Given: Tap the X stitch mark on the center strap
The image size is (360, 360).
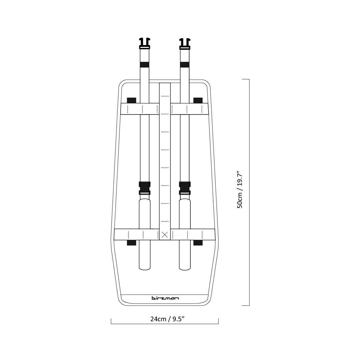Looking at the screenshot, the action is (165, 235).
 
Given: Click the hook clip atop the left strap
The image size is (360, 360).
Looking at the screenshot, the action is (145, 43).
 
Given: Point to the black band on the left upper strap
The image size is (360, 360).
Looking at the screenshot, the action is (145, 64).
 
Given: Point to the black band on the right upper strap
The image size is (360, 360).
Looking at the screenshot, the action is (185, 64).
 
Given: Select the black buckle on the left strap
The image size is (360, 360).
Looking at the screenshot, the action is (145, 188).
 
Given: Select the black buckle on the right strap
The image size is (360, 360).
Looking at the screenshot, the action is (185, 188).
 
